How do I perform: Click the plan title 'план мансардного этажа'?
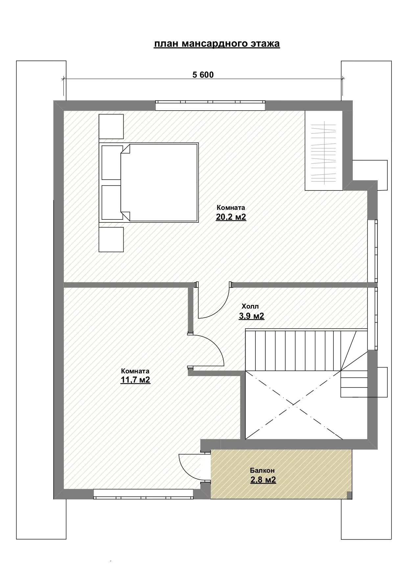click(217, 44)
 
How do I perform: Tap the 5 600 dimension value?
click(203, 75)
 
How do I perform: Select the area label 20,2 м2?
click(231, 217)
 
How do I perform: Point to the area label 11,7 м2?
click(135, 380)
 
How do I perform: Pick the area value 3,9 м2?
click(252, 316)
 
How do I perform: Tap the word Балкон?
click(262, 470)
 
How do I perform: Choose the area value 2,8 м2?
click(263, 480)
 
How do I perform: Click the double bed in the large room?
click(149, 183)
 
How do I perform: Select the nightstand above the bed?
click(111, 127)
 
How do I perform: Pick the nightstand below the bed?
click(111, 240)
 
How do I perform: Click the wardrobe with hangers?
click(324, 150)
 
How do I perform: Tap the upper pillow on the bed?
click(112, 163)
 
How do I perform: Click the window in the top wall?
click(210, 105)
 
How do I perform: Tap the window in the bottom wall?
click(143, 494)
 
